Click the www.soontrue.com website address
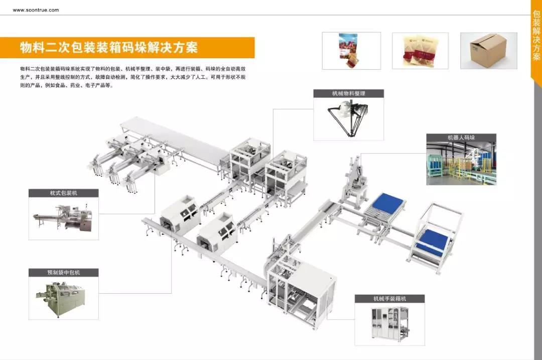pos(36,10)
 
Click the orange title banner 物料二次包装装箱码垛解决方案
pos(109,48)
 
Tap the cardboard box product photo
pos(488,50)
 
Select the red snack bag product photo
pos(351,50)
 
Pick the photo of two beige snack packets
pos(420,51)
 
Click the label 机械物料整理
pos(349,93)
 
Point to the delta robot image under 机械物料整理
pos(349,118)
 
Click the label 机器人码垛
pos(461,137)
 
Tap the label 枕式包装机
pos(64,193)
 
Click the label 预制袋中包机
pos(64,273)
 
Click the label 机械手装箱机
pos(389,299)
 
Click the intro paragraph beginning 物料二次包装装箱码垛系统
pos(133,77)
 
